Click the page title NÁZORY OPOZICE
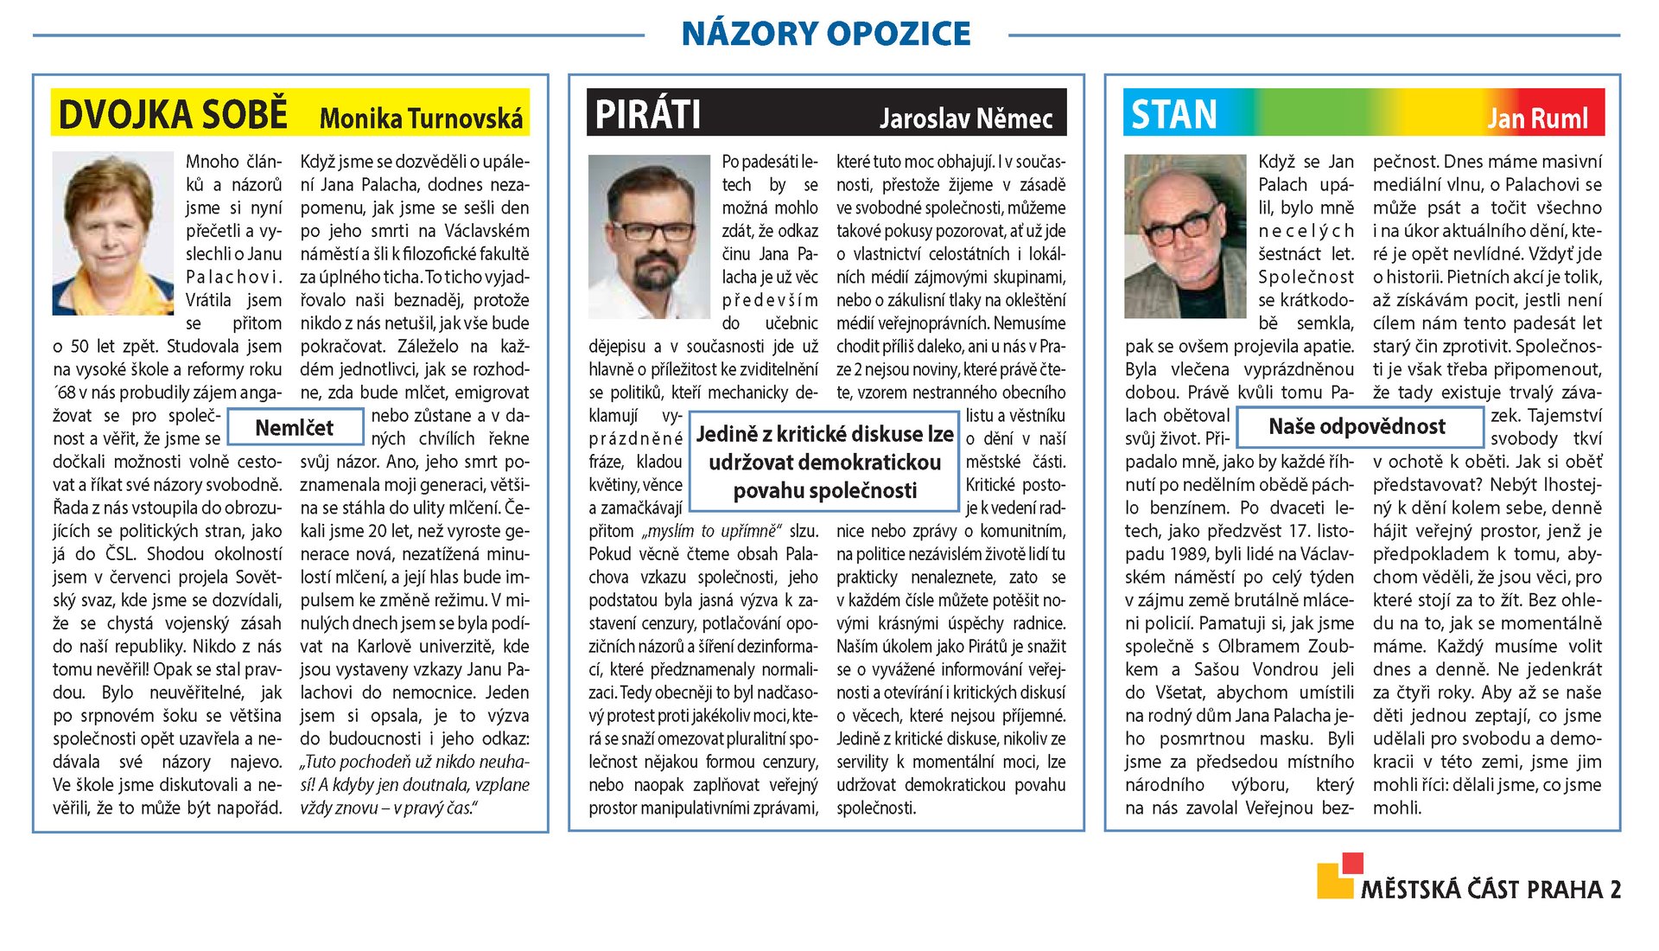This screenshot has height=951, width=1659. click(x=825, y=34)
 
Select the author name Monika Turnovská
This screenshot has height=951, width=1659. click(x=421, y=118)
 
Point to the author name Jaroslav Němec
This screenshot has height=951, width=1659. click(x=966, y=118)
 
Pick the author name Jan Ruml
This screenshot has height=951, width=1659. click(x=1537, y=118)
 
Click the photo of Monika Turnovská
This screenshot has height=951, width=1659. click(x=113, y=233)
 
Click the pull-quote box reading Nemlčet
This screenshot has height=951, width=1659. click(x=295, y=428)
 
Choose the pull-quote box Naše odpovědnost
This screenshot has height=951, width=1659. click(x=1357, y=426)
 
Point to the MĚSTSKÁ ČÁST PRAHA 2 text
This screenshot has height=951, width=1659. click(x=1491, y=890)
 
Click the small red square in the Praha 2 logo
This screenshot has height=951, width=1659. click(x=1352, y=863)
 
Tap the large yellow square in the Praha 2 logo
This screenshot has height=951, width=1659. click(x=1334, y=882)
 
